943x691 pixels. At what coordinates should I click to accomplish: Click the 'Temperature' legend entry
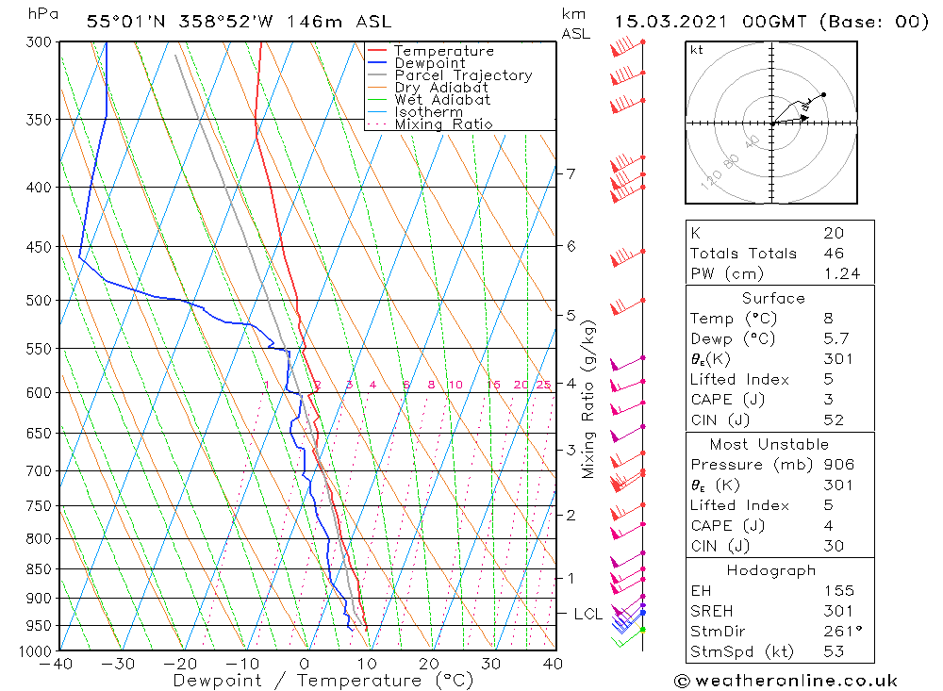(x=443, y=51)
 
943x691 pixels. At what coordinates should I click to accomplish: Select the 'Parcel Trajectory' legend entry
(x=463, y=75)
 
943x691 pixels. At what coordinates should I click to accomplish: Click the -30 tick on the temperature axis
(x=119, y=664)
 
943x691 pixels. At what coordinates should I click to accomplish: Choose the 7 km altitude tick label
(x=571, y=173)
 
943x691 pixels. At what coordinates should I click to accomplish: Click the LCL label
(x=588, y=615)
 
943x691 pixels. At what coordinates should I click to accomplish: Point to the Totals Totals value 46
(x=834, y=254)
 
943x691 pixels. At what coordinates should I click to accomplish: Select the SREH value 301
(x=838, y=612)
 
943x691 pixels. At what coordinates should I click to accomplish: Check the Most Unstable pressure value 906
(x=838, y=465)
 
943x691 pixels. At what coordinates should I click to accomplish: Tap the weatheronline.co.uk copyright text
(x=786, y=681)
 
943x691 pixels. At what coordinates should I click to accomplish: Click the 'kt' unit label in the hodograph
(x=697, y=51)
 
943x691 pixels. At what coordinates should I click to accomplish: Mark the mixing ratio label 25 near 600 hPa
(x=543, y=385)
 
